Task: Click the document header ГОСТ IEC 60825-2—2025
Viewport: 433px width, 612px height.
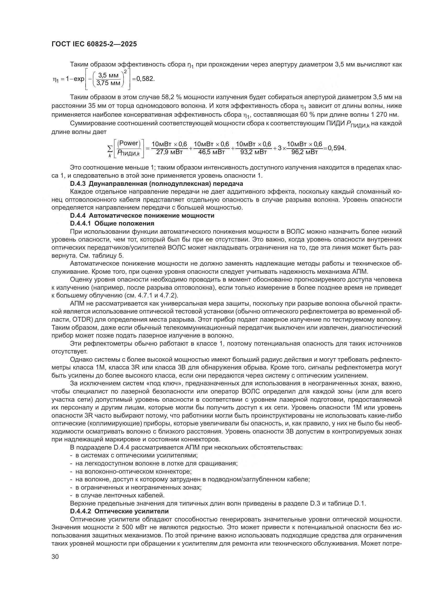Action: [x=94, y=44]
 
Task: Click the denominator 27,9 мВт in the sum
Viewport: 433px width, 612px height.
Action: [x=169, y=152]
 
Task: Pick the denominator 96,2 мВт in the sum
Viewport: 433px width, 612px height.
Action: [x=304, y=152]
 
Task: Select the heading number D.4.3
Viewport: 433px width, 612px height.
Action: [x=78, y=184]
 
